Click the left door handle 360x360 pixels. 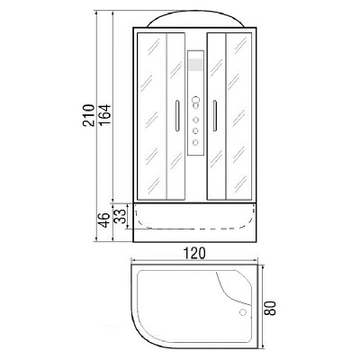click(174, 115)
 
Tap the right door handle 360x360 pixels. click(217, 115)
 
